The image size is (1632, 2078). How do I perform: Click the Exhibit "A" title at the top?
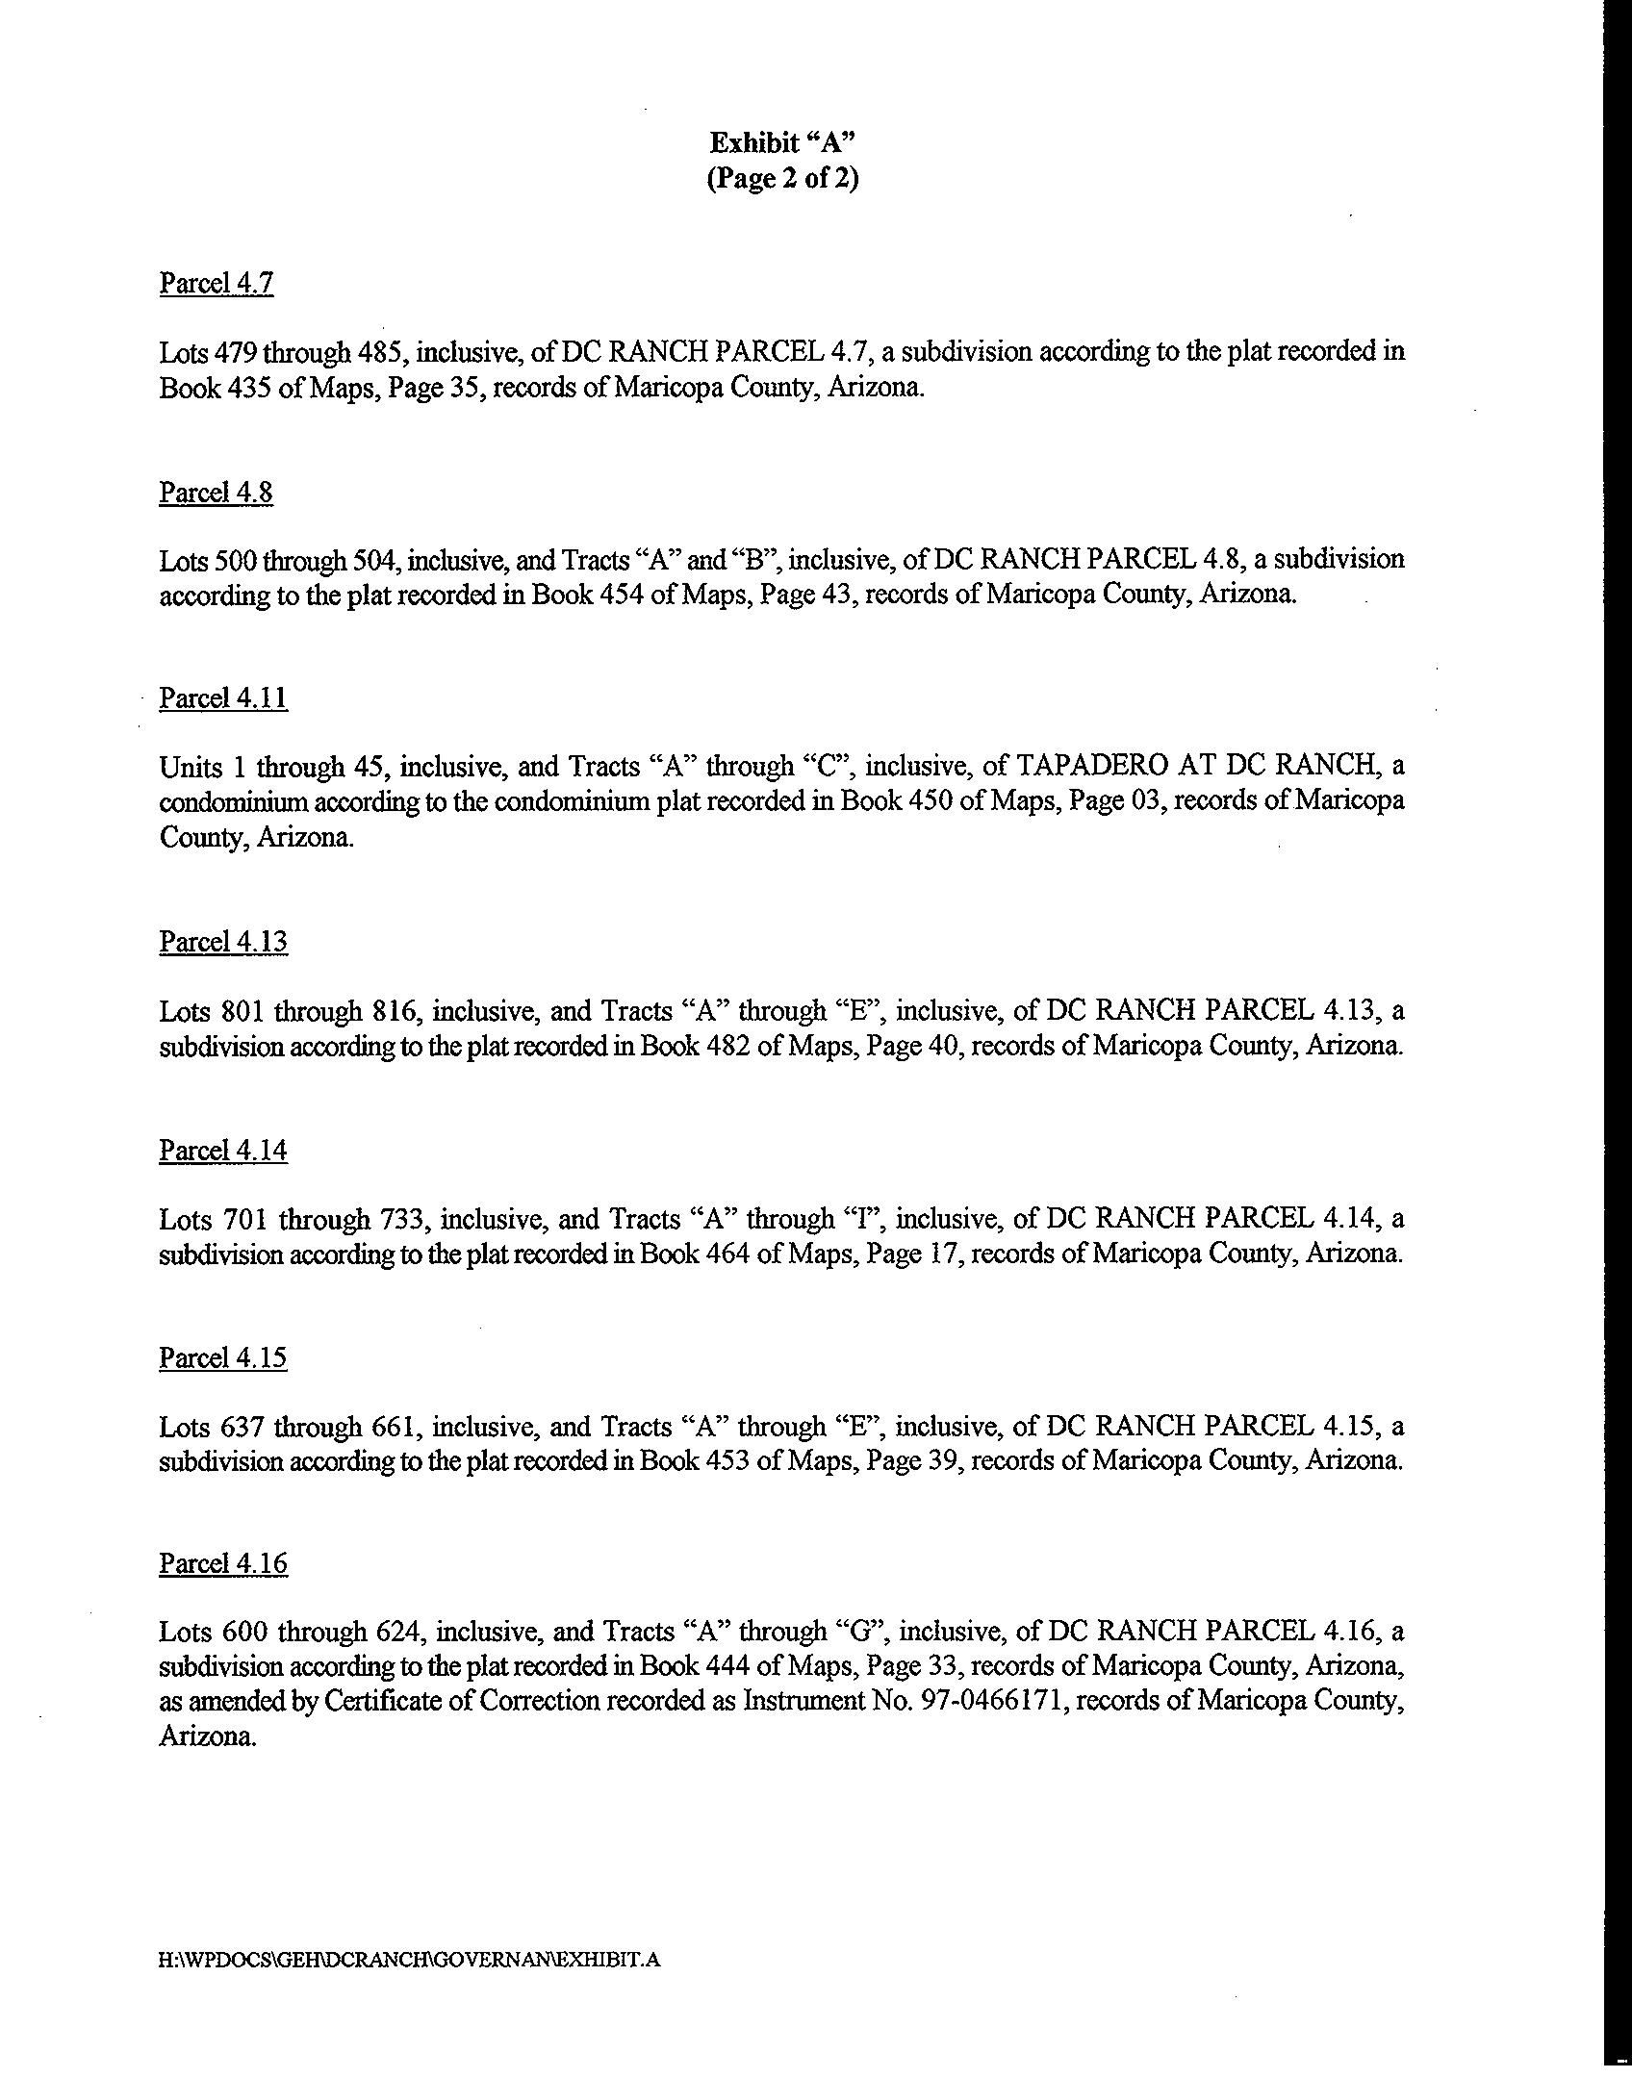(782, 143)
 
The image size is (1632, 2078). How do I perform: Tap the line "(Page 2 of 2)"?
(782, 179)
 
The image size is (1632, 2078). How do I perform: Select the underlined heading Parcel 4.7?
(217, 283)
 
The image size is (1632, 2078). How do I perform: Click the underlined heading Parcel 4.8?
(217, 493)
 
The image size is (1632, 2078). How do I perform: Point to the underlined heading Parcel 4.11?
(223, 697)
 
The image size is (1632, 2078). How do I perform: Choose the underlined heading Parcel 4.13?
(223, 941)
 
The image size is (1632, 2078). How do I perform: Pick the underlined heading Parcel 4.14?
(223, 1151)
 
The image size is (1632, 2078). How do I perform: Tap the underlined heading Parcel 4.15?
(223, 1357)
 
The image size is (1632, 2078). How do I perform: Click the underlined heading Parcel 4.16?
(223, 1563)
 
